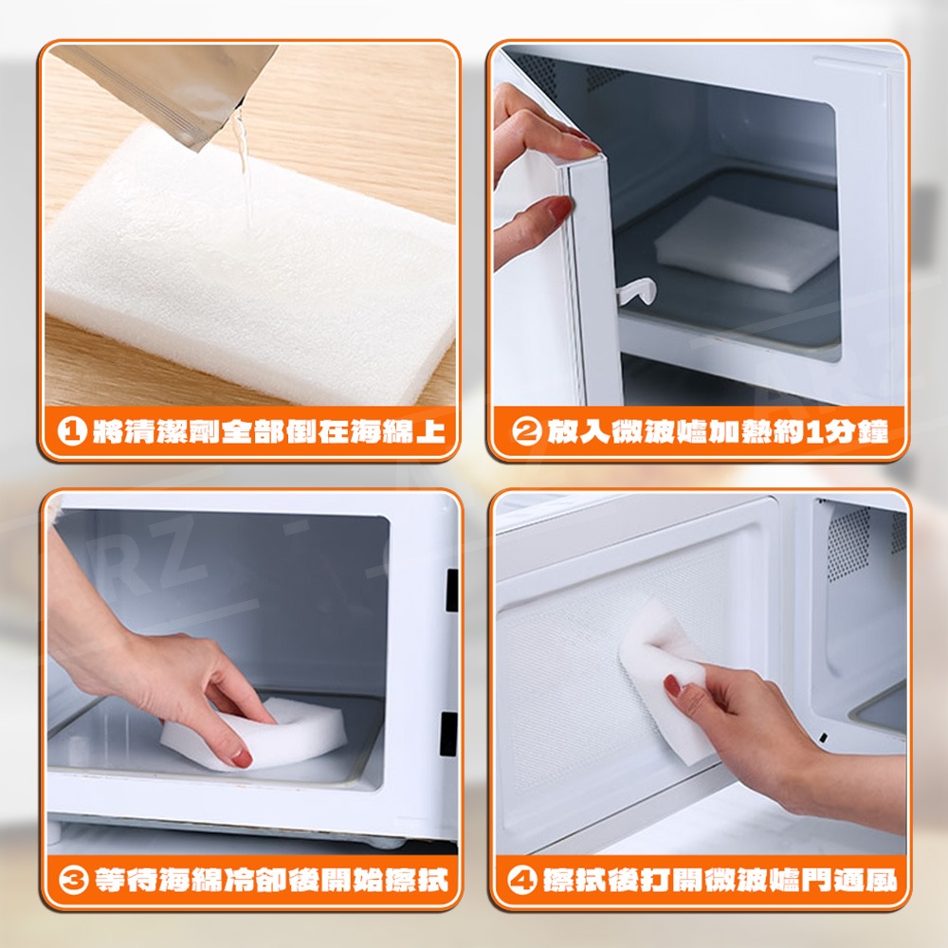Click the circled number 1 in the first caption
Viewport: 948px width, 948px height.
(x=72, y=431)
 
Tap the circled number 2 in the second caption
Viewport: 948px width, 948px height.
(x=525, y=431)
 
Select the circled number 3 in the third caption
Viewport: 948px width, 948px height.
(x=74, y=881)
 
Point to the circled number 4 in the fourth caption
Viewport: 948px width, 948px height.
(x=521, y=881)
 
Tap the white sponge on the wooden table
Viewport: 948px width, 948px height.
(x=247, y=266)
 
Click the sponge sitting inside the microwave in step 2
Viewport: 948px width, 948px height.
(x=747, y=242)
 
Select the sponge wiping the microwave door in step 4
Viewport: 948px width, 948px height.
(x=665, y=677)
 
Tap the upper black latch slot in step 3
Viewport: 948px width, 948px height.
(x=451, y=590)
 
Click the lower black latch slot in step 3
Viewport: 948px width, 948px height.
(x=449, y=734)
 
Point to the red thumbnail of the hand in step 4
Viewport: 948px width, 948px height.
(x=672, y=685)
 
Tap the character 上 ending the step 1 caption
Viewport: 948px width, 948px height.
(x=430, y=431)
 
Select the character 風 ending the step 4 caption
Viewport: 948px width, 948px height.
(x=881, y=881)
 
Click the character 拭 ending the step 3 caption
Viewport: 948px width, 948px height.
(x=433, y=881)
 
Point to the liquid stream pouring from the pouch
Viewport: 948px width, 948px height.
(x=243, y=163)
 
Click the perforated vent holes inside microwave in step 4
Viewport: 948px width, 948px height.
(x=848, y=543)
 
